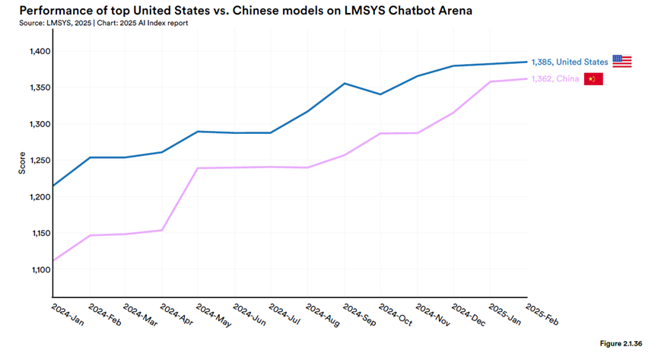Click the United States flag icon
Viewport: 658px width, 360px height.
click(x=622, y=62)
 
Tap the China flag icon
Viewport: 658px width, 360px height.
click(x=593, y=79)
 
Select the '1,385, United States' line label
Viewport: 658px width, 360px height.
click(x=570, y=62)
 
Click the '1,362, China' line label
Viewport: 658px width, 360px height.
click(x=555, y=79)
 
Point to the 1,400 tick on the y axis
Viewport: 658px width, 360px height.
click(x=40, y=51)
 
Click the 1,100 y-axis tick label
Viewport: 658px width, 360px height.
click(x=41, y=269)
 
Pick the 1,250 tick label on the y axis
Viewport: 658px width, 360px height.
click(x=40, y=161)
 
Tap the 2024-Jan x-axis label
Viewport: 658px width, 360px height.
click(x=68, y=314)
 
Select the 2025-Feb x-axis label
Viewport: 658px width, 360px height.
click(x=542, y=314)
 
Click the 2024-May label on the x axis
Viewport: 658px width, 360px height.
click(x=214, y=315)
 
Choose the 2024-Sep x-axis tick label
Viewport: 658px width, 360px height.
click(x=360, y=315)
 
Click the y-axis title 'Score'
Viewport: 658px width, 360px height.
click(x=22, y=163)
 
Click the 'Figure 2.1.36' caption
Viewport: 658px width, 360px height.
click(x=621, y=343)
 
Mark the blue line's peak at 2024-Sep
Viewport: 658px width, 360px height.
click(x=344, y=83)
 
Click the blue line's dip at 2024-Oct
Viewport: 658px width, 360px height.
click(x=380, y=94)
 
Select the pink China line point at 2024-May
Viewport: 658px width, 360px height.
click(x=198, y=168)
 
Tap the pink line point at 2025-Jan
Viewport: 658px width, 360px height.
click(x=490, y=81)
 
